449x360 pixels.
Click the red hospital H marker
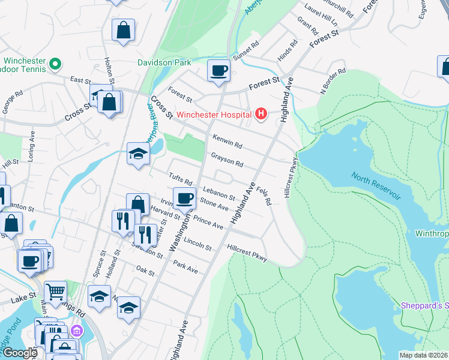point(261,113)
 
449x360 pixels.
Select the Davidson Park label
point(164,62)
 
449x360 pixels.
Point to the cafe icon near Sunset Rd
point(218,71)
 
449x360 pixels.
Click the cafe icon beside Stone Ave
point(184,198)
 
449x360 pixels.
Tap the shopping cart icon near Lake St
point(55,292)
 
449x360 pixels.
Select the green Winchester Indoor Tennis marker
point(55,63)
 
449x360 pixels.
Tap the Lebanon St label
point(217,193)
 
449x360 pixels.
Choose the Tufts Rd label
point(180,179)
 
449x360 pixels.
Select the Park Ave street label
point(185,266)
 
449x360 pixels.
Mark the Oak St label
point(146,271)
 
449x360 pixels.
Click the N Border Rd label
point(334,81)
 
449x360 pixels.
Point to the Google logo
point(19,353)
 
